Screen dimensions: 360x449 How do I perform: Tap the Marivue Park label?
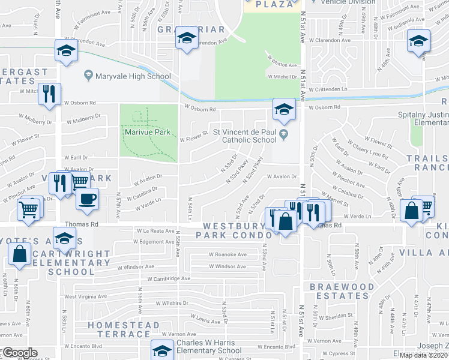pos(148,132)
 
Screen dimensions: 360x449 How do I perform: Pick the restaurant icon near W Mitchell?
pos(49,94)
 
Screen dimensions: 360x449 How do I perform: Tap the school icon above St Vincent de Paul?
pos(284,109)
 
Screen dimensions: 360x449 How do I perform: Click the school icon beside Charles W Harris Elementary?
pos(161,350)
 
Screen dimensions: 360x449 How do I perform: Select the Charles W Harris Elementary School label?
pos(209,347)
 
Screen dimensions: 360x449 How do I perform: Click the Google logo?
pos(19,353)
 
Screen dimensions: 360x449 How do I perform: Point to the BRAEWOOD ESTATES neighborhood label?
pos(339,291)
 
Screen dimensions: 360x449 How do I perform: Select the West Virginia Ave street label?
pos(88,296)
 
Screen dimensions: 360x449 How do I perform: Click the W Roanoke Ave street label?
pos(228,254)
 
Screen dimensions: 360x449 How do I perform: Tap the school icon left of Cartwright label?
pos(64,239)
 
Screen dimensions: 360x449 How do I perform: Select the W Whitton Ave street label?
pos(282,65)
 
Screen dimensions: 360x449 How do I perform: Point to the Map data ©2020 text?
pos(424,355)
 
